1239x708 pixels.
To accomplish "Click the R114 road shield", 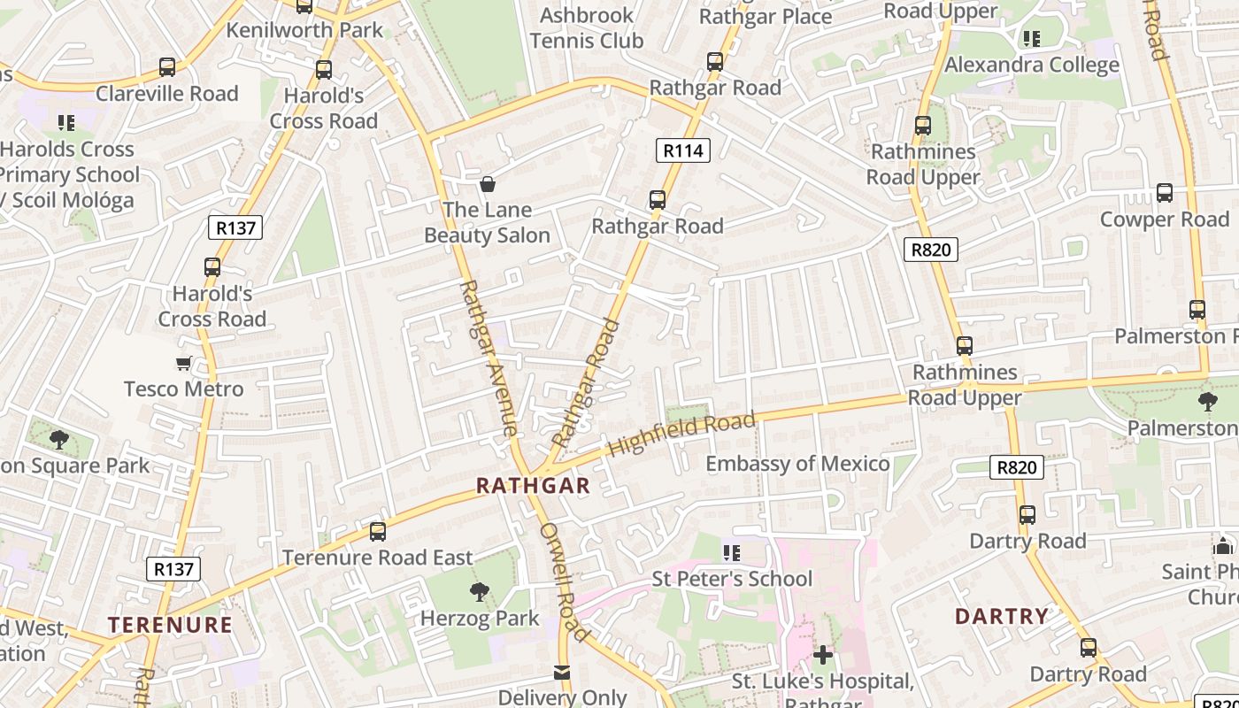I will (683, 150).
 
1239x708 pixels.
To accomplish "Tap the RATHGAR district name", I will (533, 486).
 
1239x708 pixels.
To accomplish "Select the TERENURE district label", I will (170, 625).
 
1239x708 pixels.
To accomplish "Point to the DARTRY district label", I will (1002, 616).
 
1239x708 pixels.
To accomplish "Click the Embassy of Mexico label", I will (797, 464).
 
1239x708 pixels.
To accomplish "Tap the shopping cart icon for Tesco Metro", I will (184, 363).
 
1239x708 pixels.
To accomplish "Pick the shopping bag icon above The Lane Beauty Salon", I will (487, 184).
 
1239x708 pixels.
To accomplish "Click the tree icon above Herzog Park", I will (480, 591).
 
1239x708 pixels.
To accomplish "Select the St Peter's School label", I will (732, 579).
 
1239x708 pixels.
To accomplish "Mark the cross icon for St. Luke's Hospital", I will (823, 655).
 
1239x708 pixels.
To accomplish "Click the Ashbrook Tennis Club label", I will (587, 28).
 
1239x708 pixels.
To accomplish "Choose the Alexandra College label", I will (1032, 65).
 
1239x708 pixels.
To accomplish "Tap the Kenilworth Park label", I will (304, 30).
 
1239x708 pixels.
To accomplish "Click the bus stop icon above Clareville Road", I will (167, 67).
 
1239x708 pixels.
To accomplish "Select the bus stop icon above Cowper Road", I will (1165, 193).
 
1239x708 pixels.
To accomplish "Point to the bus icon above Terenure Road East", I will (378, 531).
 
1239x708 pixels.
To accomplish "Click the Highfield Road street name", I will (682, 434).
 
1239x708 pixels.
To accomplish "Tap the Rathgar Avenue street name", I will (489, 358).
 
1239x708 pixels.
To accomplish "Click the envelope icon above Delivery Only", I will (562, 673).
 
